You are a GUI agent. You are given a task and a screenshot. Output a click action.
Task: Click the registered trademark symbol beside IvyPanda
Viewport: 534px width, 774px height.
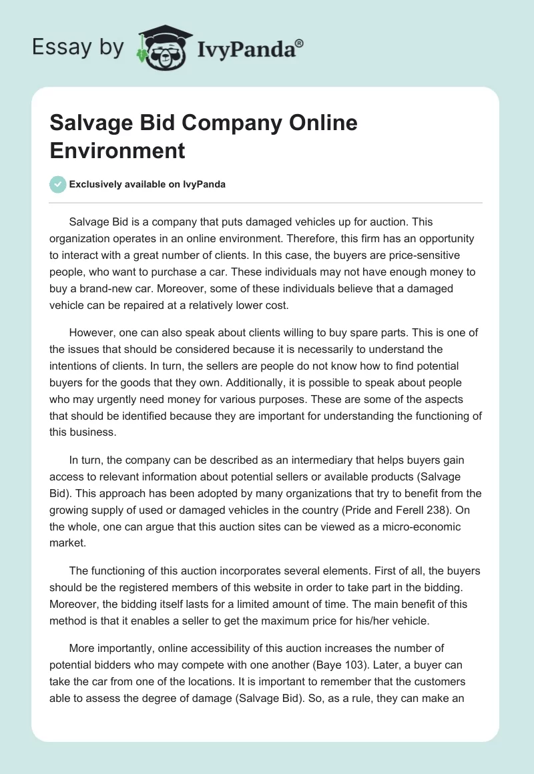point(300,43)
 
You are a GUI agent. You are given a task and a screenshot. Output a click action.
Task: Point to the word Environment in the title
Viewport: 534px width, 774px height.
point(117,150)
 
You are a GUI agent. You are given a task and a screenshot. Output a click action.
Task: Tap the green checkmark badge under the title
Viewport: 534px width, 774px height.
point(57,184)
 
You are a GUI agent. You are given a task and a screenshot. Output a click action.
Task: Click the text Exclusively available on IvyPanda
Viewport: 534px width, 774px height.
point(147,185)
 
